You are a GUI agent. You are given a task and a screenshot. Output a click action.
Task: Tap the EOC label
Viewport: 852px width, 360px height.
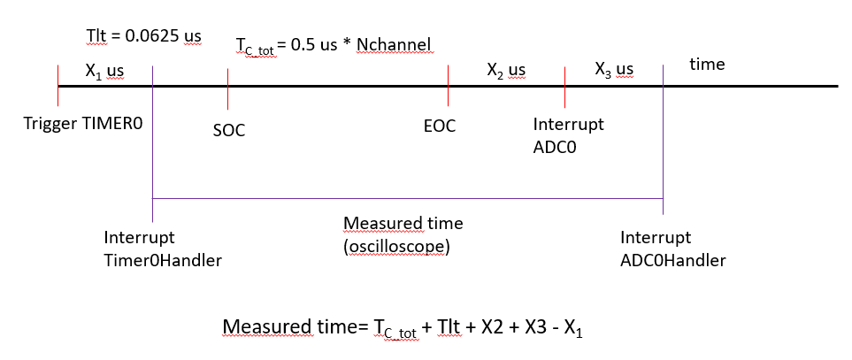coord(440,126)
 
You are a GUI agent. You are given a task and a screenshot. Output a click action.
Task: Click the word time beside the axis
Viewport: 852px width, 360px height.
coord(707,65)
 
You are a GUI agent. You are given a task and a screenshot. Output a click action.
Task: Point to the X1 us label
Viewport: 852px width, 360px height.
coord(104,70)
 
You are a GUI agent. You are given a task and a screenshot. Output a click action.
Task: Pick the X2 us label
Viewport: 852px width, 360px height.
coord(506,70)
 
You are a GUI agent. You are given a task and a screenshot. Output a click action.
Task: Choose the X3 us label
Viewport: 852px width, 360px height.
coord(614,70)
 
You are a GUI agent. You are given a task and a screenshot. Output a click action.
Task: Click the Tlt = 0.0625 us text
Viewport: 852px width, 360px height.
coord(143,35)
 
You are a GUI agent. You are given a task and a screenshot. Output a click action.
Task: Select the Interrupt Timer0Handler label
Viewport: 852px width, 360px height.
coord(161,249)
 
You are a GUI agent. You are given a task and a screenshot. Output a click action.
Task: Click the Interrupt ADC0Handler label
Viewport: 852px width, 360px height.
coord(673,249)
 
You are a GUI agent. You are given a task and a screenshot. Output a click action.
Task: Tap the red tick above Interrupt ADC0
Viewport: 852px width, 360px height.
coord(564,85)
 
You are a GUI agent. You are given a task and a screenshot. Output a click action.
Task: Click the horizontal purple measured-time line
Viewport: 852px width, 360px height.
coord(407,198)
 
